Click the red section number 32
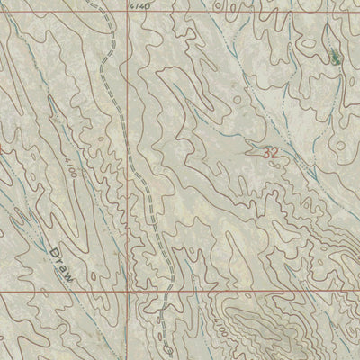click(271, 154)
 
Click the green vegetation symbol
click(335, 58)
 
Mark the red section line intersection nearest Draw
click(127, 293)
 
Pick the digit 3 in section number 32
click(267, 154)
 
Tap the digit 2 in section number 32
click(274, 154)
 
